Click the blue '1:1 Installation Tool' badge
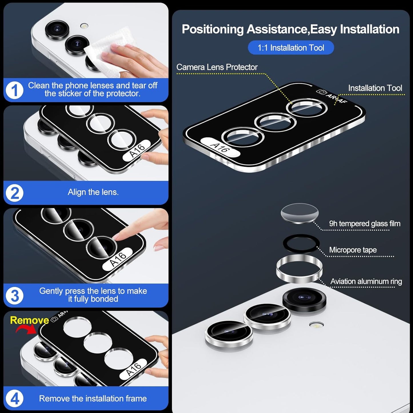pos(291,47)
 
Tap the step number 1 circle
pos(14,90)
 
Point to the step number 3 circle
pos(14,296)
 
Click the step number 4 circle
pos(14,398)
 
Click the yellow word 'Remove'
pos(29,320)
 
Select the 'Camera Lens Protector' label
pos(217,67)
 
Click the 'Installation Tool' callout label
pos(375,88)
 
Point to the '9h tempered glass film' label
pos(364,224)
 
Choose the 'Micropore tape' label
pos(353,250)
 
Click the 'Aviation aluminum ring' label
pos(366,282)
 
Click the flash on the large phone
pos(316,325)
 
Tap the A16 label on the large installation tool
pos(220,147)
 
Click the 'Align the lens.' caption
pos(93,192)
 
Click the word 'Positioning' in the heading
pos(213,29)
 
